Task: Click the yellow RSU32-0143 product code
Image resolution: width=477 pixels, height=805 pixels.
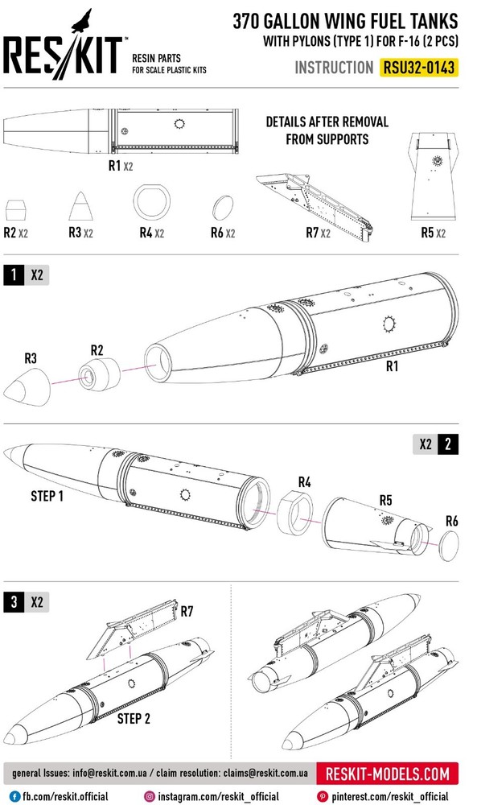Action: pyautogui.click(x=419, y=68)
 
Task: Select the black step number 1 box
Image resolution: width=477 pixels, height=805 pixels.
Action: pyautogui.click(x=14, y=275)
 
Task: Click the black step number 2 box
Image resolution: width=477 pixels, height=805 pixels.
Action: pyautogui.click(x=448, y=444)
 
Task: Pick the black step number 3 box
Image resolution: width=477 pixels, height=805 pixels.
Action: pyautogui.click(x=14, y=601)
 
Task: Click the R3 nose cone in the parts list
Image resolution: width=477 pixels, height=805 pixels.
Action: pyautogui.click(x=81, y=206)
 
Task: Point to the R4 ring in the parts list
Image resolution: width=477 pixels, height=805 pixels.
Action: pyautogui.click(x=151, y=201)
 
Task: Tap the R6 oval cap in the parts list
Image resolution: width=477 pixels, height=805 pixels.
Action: pyautogui.click(x=223, y=208)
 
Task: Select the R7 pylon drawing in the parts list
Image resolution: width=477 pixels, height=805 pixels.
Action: pyautogui.click(x=315, y=204)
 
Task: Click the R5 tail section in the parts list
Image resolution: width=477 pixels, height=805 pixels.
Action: pyautogui.click(x=434, y=176)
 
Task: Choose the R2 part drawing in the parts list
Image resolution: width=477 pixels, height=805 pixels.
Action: pyautogui.click(x=15, y=210)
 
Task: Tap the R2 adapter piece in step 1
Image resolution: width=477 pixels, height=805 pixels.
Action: pyautogui.click(x=100, y=374)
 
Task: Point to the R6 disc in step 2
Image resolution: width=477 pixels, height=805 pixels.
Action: pyautogui.click(x=450, y=547)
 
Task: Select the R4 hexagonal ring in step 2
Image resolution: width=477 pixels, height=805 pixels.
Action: pyautogui.click(x=295, y=512)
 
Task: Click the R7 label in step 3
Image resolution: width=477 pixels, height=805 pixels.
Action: pyautogui.click(x=187, y=611)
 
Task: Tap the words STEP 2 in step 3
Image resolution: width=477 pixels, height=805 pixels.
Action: pyautogui.click(x=134, y=718)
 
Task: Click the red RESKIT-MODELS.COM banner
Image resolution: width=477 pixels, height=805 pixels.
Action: pyautogui.click(x=387, y=773)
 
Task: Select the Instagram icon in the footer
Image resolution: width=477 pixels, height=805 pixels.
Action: pyautogui.click(x=150, y=796)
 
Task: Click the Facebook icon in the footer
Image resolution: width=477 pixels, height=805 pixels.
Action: pyautogui.click(x=14, y=796)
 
